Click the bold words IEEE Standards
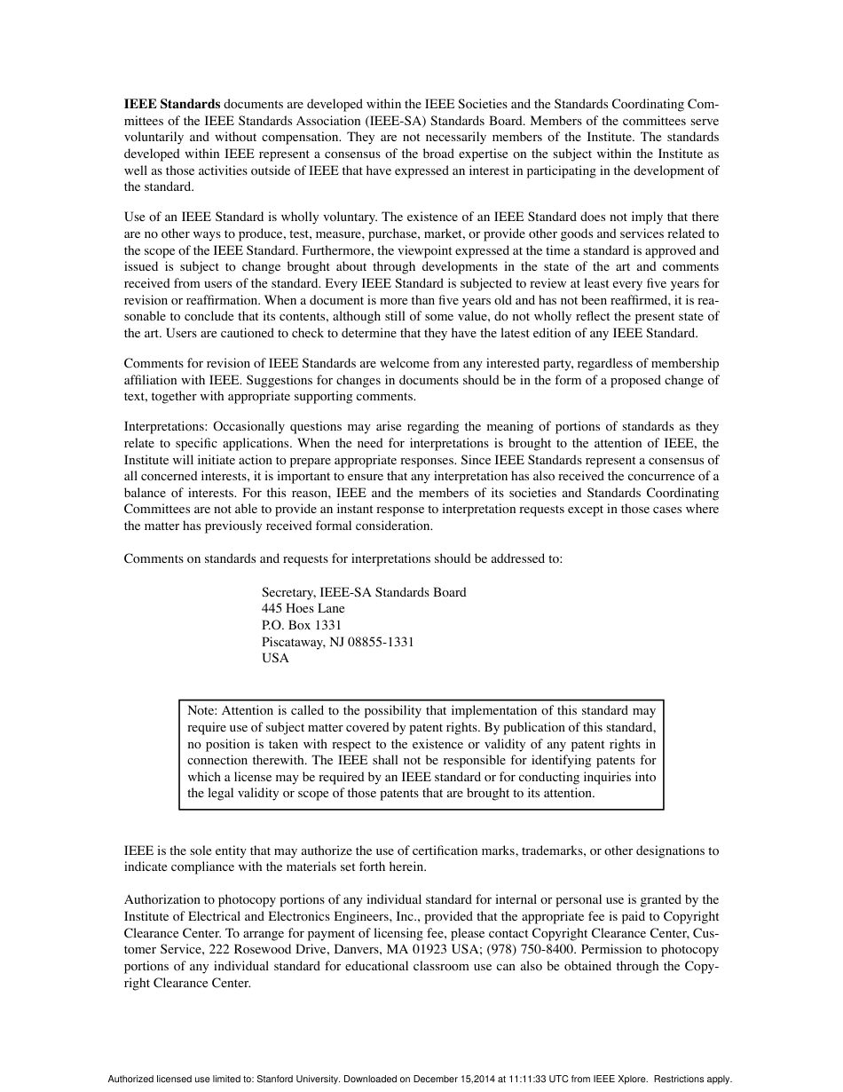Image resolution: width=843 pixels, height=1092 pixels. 171,104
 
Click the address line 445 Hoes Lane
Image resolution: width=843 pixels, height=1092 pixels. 303,609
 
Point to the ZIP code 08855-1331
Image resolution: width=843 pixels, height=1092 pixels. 381,642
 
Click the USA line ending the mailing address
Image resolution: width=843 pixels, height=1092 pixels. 275,659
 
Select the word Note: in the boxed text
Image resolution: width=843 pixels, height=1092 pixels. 202,710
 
